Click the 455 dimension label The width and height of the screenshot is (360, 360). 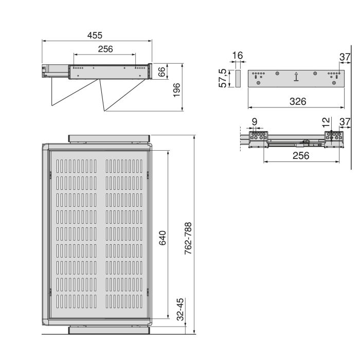click(x=95, y=35)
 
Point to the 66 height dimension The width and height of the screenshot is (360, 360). click(x=161, y=71)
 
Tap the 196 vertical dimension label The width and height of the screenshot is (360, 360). click(x=176, y=88)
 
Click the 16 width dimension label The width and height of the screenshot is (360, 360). click(x=237, y=56)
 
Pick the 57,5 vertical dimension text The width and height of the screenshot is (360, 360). click(x=223, y=79)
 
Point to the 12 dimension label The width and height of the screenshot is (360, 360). click(x=325, y=122)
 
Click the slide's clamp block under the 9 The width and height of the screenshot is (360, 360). click(x=258, y=138)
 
